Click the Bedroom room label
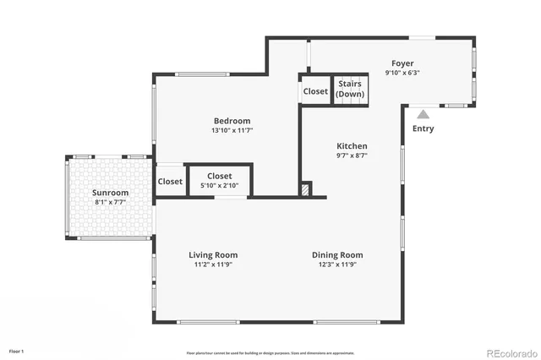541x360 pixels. point(232,121)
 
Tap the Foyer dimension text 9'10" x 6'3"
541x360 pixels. point(402,73)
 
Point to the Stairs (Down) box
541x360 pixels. point(351,89)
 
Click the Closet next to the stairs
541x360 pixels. point(315,91)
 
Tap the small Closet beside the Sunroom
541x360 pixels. point(169,182)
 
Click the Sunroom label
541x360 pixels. point(110,193)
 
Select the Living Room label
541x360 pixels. point(212,254)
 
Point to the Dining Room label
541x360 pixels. point(337,254)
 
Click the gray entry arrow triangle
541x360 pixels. point(423,113)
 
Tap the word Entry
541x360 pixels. point(423,128)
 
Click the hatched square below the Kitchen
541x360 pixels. point(306,190)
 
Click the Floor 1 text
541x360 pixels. point(17,350)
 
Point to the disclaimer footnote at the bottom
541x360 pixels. point(270,352)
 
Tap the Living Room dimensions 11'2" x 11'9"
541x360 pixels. point(212,265)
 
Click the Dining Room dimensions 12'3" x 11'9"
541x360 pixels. point(337,265)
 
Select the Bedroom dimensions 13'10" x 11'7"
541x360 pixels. point(232,131)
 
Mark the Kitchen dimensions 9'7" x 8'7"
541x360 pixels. point(351,155)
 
